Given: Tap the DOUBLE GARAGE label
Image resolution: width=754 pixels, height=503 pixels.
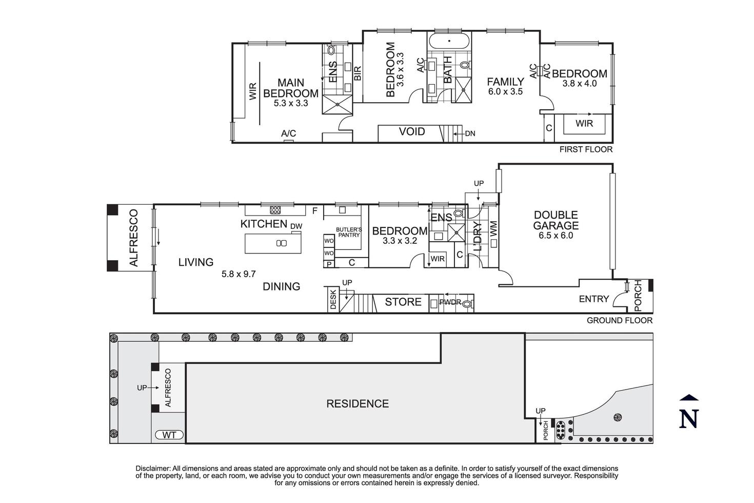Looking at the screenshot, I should tap(555, 220).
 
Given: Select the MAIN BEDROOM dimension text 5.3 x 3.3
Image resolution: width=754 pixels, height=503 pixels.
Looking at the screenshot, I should tap(291, 103).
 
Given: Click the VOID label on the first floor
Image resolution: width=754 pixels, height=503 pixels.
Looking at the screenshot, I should tap(412, 132).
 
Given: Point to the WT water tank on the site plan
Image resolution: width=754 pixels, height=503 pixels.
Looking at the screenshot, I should tap(169, 435).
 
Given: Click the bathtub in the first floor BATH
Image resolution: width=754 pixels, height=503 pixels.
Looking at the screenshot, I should tap(449, 41).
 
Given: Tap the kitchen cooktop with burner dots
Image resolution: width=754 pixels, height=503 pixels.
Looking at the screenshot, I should tap(275, 209).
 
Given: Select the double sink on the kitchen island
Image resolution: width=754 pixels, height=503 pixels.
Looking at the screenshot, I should tap(281, 243).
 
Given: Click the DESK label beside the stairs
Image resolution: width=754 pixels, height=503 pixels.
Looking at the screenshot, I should tap(333, 298).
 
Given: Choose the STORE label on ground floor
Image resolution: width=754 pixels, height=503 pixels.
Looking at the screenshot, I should tap(403, 302).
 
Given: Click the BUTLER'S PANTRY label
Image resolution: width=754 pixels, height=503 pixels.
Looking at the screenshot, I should tap(349, 232).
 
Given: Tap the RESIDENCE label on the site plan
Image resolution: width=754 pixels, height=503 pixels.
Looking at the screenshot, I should tap(358, 404).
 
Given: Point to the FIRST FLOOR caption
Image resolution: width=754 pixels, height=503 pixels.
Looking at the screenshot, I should tap(586, 149).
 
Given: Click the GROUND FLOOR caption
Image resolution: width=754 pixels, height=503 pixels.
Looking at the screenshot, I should tap(620, 320).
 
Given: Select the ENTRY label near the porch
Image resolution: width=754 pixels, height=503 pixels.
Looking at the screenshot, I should tap(593, 299).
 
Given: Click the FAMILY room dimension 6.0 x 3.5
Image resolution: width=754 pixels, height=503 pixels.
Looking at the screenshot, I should tap(505, 92).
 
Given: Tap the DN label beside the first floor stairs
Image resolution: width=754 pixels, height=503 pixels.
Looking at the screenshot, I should tap(470, 134).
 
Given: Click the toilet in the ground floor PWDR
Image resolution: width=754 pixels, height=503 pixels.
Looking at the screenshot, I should tap(466, 303).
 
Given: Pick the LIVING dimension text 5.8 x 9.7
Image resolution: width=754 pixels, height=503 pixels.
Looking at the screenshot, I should tap(239, 274).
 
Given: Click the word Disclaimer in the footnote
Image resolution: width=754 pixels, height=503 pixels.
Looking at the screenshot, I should tap(152, 468).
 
